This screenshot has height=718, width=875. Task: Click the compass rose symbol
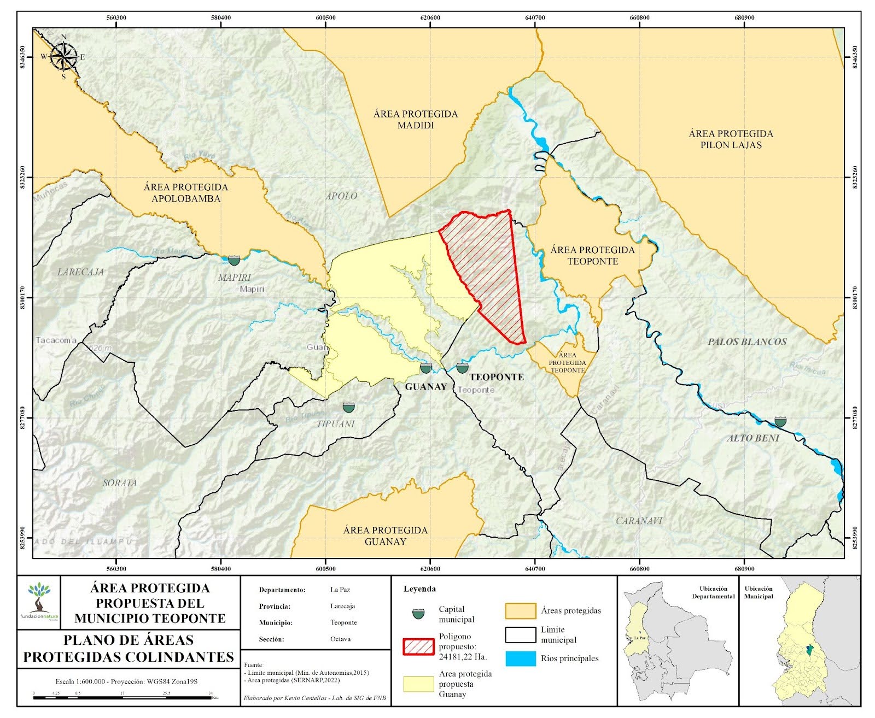click(x=64, y=57)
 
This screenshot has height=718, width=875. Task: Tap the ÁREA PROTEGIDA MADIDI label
click(x=416, y=120)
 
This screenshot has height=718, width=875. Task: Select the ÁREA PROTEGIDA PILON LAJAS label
click(x=731, y=139)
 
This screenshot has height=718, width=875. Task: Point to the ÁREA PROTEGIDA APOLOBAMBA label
click(x=186, y=192)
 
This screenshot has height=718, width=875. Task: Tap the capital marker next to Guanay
click(x=426, y=368)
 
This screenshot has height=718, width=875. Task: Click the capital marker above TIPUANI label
click(x=349, y=407)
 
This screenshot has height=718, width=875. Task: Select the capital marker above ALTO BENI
click(x=780, y=421)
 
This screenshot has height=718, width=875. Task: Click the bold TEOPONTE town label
click(x=497, y=377)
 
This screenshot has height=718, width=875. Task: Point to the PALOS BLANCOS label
click(x=747, y=342)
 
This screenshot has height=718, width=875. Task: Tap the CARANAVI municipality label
click(x=639, y=521)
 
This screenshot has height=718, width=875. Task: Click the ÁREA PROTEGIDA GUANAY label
click(x=386, y=535)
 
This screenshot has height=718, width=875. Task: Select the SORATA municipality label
click(x=120, y=483)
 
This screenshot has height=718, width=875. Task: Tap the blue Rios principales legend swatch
click(x=520, y=658)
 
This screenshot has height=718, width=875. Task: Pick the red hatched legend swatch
click(x=418, y=646)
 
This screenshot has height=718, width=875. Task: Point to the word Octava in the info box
click(x=341, y=639)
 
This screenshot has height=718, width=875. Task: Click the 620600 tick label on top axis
click(x=430, y=17)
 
